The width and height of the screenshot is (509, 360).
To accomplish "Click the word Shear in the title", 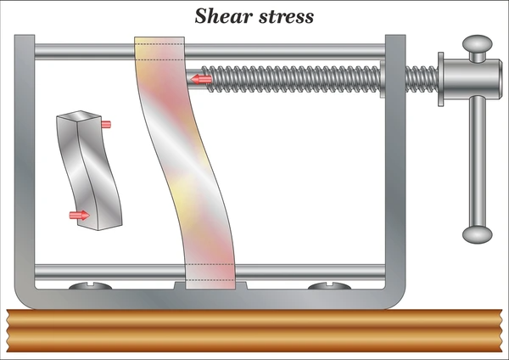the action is (x=224, y=15).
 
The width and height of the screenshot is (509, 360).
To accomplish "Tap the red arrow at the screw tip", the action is (x=201, y=79).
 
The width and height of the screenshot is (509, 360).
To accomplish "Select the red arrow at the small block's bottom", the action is (x=80, y=215).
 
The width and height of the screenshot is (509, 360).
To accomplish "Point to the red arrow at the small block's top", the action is (x=106, y=124).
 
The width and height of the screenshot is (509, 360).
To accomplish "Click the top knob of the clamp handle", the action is (x=477, y=43).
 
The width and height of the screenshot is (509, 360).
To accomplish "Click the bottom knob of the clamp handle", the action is (x=477, y=234).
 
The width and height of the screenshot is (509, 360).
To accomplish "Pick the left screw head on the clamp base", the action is (x=90, y=286).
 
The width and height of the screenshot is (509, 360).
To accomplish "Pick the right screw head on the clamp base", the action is (x=329, y=286).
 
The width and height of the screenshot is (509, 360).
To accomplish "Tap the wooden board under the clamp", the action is (x=255, y=330).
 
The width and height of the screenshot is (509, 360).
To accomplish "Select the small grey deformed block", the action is (x=89, y=171).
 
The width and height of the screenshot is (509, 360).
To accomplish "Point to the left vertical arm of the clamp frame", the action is (x=25, y=162).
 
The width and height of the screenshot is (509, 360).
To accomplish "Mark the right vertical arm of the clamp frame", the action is (x=395, y=162).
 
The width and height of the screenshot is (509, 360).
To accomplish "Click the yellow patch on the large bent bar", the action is (x=182, y=194).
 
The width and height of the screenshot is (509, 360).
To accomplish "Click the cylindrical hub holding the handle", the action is (x=469, y=79).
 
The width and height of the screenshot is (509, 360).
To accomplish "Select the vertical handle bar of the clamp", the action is (x=478, y=161).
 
